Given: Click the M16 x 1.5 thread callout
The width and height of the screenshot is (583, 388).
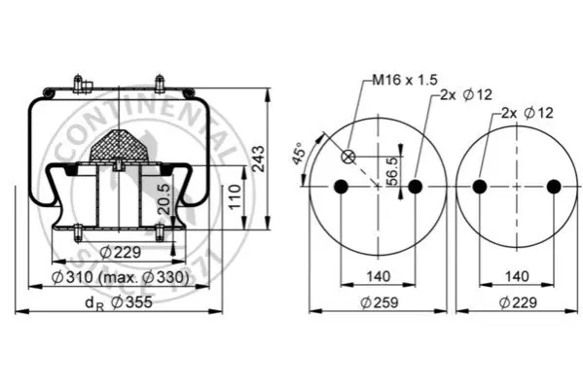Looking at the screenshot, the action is pyautogui.click(x=405, y=80).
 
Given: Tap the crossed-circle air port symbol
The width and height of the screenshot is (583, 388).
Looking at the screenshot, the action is pyautogui.click(x=348, y=157).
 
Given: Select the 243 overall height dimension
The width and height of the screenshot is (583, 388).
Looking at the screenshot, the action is pyautogui.click(x=259, y=159).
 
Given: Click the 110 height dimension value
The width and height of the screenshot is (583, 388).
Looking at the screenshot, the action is pyautogui.click(x=235, y=197).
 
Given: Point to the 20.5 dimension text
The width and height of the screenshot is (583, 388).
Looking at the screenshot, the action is pyautogui.click(x=164, y=199).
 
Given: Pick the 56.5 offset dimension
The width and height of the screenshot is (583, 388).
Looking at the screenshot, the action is pyautogui.click(x=392, y=171).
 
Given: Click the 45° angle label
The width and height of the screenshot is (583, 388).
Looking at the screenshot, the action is pyautogui.click(x=299, y=153).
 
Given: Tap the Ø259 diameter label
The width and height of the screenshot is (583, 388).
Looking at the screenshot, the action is pyautogui.click(x=380, y=302).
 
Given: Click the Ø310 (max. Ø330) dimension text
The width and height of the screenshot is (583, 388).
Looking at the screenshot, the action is pyautogui.click(x=120, y=277).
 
